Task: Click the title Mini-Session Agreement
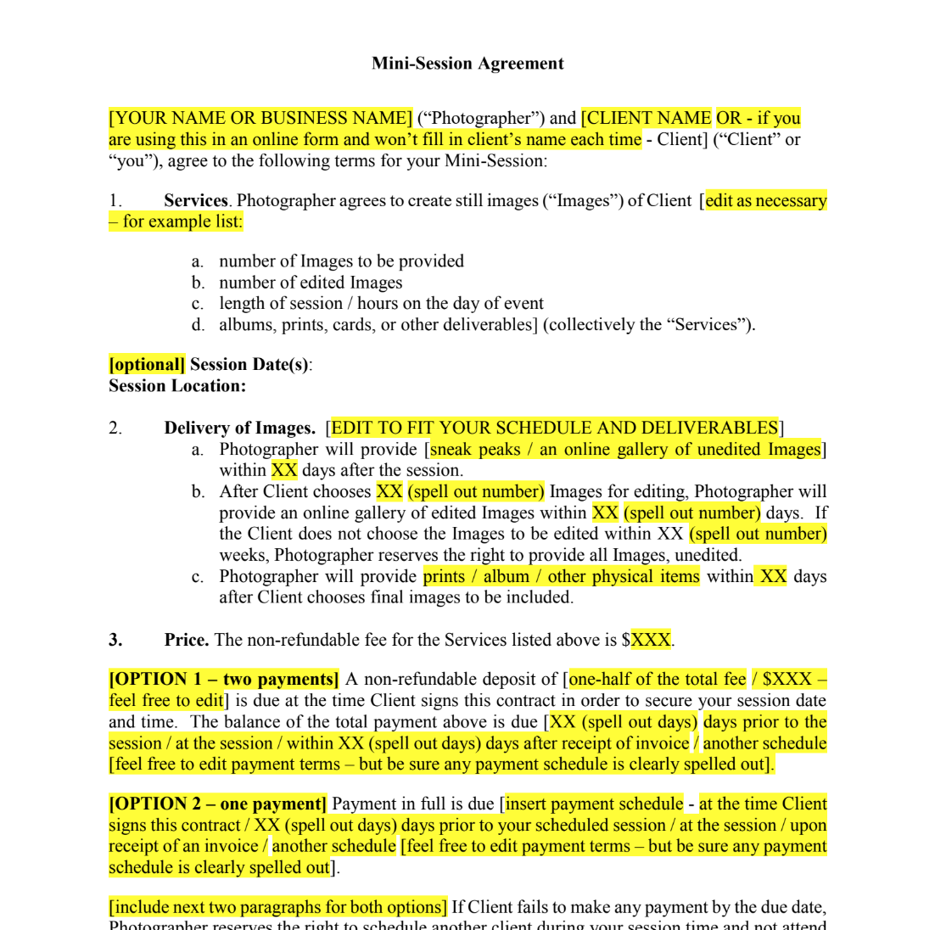coord(467,64)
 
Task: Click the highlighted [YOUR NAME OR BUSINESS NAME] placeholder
coord(260,118)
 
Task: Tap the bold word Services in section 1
coord(195,201)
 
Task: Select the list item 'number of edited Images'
coord(311,283)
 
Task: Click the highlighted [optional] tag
coord(147,365)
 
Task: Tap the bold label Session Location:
coord(177,386)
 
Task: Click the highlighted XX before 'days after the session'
coord(284,470)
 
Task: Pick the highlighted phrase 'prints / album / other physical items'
coord(562,577)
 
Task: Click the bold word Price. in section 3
coord(187,640)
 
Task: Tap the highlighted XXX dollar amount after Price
coord(651,640)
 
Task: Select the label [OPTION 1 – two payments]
coord(224,680)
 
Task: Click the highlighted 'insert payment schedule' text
coord(594,804)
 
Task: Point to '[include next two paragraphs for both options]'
coord(277,908)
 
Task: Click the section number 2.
coord(115,429)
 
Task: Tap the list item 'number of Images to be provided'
coord(341,261)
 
